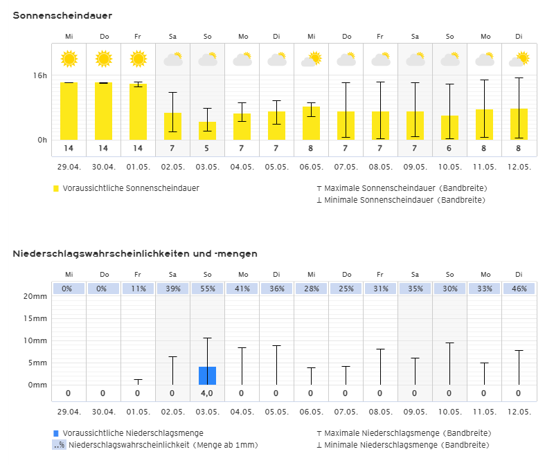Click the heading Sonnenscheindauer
(62, 16)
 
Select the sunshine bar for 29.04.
(69, 111)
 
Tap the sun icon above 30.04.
(103, 59)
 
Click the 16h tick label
(42, 75)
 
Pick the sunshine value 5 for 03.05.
(207, 148)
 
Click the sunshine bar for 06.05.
(311, 123)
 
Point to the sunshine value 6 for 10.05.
(449, 148)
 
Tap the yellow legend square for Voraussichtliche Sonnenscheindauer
(56, 188)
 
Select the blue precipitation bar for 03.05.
(207, 376)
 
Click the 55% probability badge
(207, 289)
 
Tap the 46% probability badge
(519, 289)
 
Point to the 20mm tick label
(35, 296)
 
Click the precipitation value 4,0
(207, 394)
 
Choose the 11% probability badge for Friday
(138, 289)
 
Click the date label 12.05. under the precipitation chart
(519, 412)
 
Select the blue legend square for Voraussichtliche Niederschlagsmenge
(56, 433)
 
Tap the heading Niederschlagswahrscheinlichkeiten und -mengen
(135, 254)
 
